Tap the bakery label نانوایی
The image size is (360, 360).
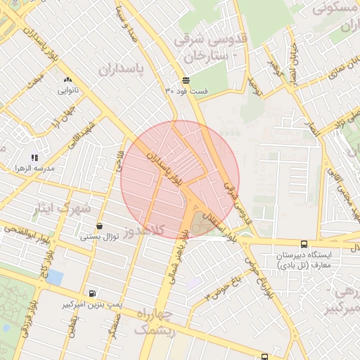pyautogui.click(x=68, y=90)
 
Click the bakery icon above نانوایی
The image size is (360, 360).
pyautogui.click(x=68, y=80)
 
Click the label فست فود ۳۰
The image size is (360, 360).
pyautogui.click(x=186, y=91)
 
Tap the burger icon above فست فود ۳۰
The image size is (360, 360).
pyautogui.click(x=186, y=80)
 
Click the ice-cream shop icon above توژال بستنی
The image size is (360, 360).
pyautogui.click(x=99, y=226)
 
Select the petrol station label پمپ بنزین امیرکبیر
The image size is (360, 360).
pyautogui.click(x=92, y=304)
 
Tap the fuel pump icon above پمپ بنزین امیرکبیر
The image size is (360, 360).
pyautogui.click(x=92, y=294)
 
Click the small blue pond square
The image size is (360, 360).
pyautogui.click(x=55, y=278)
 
